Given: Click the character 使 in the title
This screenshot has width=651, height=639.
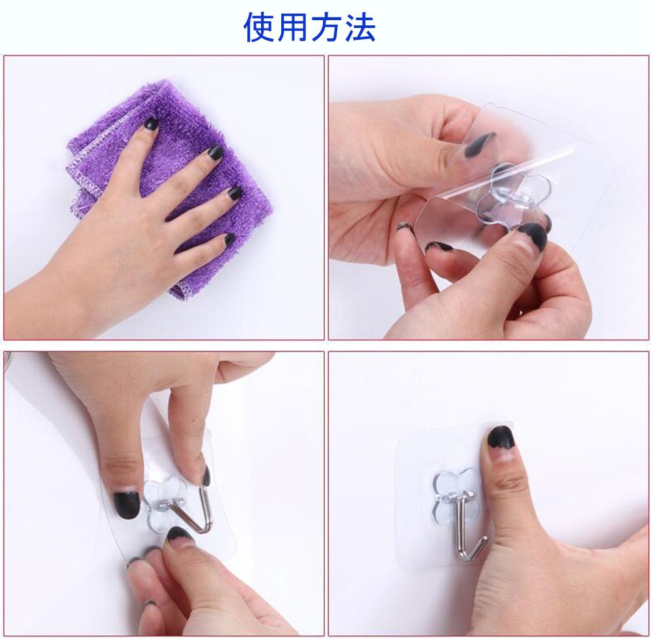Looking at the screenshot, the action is pos(260,27).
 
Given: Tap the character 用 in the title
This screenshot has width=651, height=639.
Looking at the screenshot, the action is pos(293,27).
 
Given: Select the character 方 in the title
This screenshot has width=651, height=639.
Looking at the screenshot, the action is pos(326,27).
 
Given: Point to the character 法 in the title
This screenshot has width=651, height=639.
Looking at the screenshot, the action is pos(359,27).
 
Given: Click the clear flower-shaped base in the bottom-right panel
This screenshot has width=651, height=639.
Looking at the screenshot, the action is pos(454,492).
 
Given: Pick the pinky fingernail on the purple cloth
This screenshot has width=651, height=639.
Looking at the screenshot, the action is pos(229,240).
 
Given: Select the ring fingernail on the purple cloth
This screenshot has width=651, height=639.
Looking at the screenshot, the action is pos(234,193).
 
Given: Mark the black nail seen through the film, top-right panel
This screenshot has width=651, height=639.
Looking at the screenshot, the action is pos(480,144).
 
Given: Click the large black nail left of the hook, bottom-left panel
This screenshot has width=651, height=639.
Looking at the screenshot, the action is pos(126,504).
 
